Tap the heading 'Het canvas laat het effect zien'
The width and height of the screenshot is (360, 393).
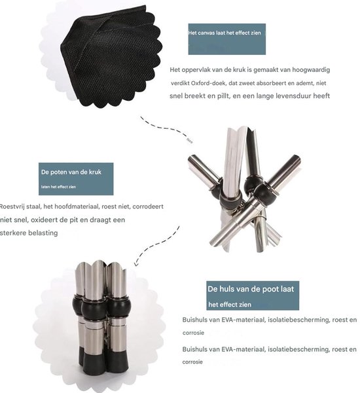click(x=225, y=33)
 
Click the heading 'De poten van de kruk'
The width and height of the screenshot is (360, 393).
click(x=71, y=172)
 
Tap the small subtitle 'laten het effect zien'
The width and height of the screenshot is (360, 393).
click(x=58, y=187)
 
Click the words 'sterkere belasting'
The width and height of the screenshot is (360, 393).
click(x=29, y=233)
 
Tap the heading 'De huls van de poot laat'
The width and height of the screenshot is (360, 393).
click(x=251, y=289)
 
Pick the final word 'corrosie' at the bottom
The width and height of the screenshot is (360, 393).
click(x=192, y=362)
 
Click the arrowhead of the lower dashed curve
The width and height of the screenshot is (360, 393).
click(x=135, y=263)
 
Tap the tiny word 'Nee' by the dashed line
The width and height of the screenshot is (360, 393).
click(x=190, y=141)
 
